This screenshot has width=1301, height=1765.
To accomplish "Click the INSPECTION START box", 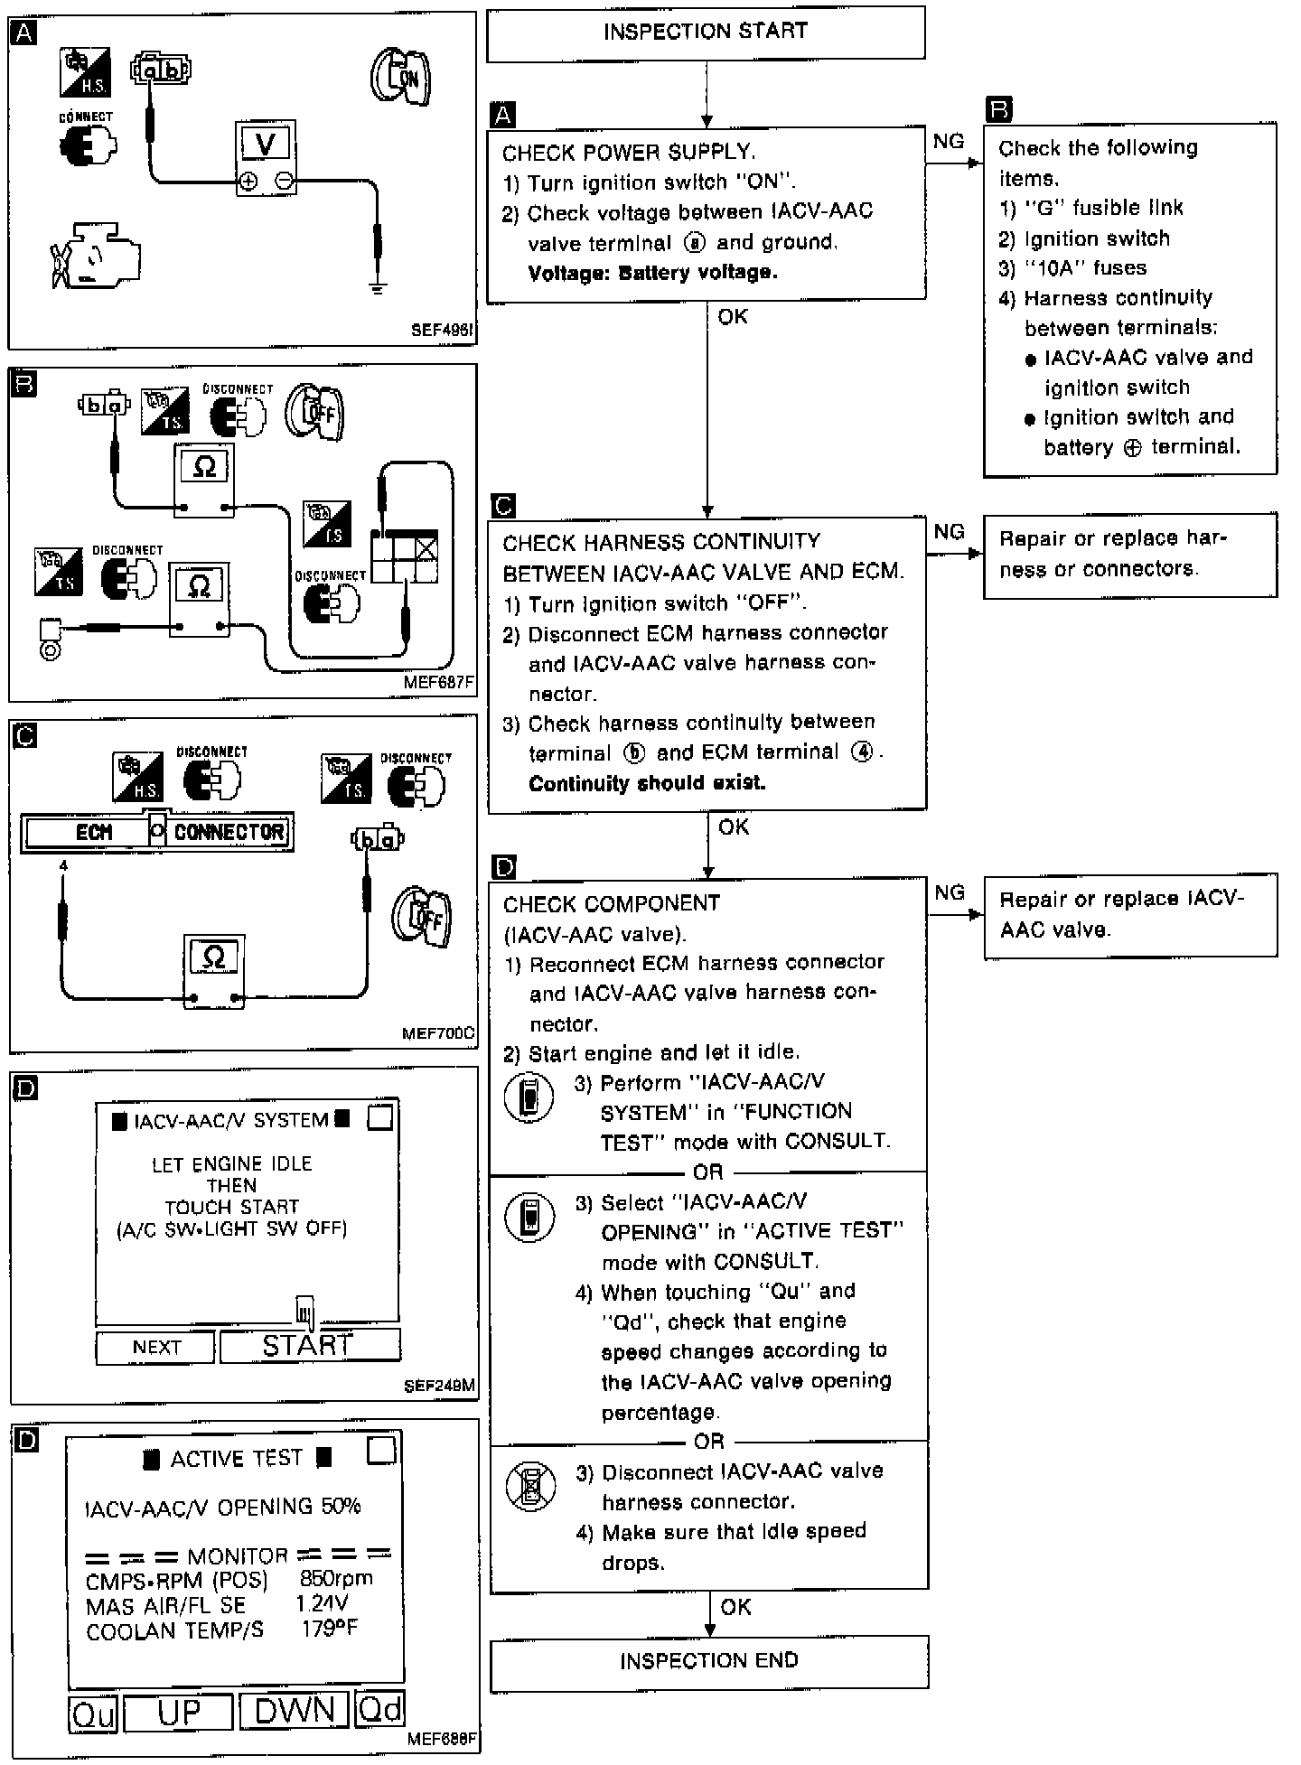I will (x=706, y=33).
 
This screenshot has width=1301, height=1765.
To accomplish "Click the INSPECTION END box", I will (x=709, y=1661).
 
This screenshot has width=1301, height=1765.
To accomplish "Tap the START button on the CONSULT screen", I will (x=310, y=1345).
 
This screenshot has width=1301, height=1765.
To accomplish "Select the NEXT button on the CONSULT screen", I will (x=155, y=1347).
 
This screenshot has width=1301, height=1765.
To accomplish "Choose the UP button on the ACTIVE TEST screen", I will (x=178, y=1712).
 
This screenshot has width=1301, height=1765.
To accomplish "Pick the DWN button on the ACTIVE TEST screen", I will (x=295, y=1711).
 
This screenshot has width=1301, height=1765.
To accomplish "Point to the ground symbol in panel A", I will (x=378, y=288).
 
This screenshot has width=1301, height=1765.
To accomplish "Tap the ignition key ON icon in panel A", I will (x=400, y=77).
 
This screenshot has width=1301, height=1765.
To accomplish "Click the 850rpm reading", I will (x=336, y=1578).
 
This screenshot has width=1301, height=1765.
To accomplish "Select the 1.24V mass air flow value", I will (x=322, y=1603).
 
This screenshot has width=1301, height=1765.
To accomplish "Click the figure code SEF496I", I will (x=441, y=331).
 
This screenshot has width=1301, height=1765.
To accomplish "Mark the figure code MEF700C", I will (x=438, y=1033).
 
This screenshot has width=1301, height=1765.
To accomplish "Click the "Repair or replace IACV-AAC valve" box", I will (x=1129, y=914).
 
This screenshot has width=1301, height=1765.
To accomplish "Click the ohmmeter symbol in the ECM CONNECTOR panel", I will (x=214, y=957).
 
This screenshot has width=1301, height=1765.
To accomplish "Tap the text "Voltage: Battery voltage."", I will (x=652, y=273).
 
